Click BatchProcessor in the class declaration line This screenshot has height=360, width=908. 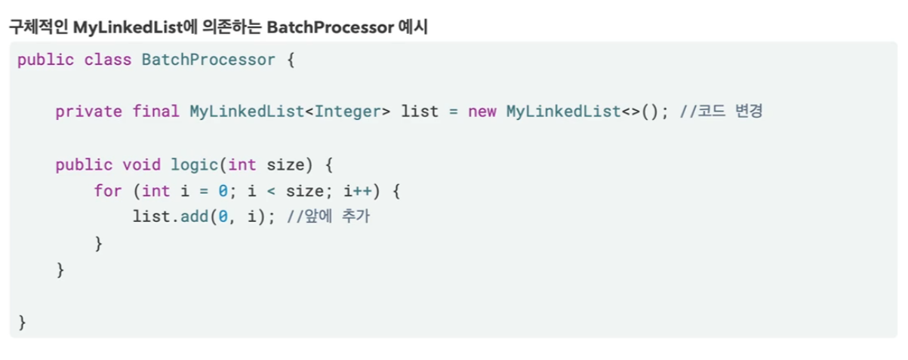(208, 60)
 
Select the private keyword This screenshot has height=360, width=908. (88, 112)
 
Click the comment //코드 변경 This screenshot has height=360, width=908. (723, 112)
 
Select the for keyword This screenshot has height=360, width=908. (108, 191)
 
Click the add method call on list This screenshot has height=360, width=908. (199, 217)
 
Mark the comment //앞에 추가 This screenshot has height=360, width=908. (330, 217)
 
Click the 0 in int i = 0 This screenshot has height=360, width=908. (213, 191)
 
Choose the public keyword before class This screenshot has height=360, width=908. (45, 60)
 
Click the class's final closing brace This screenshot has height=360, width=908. (22, 322)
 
